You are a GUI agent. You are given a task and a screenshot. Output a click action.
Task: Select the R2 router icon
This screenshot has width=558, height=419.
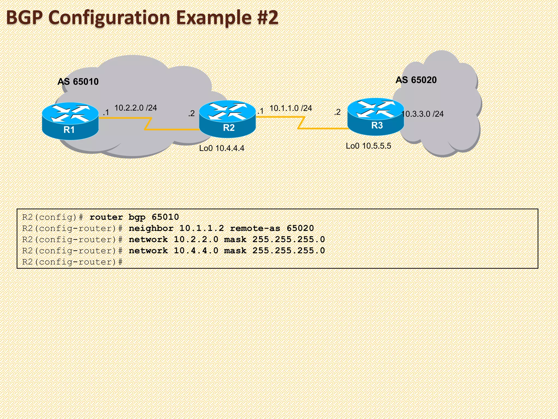click(x=228, y=119)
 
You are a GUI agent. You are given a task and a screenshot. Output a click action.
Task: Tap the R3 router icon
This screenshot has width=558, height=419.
click(x=376, y=117)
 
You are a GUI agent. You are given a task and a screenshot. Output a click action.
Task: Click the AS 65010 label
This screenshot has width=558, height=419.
click(x=78, y=82)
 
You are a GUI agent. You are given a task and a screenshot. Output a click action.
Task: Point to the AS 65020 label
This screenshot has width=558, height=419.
click(x=416, y=80)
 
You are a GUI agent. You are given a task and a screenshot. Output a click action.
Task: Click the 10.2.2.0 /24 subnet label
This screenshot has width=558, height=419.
click(x=135, y=108)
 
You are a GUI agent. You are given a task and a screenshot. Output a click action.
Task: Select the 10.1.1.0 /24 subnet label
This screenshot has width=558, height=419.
click(x=290, y=108)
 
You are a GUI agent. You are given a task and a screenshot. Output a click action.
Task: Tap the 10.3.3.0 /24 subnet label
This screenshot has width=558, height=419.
click(x=423, y=114)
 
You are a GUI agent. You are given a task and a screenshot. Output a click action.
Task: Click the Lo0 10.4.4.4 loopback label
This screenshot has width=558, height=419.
click(x=222, y=148)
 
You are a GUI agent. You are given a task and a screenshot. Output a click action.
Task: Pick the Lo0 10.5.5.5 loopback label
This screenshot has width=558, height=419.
click(x=368, y=146)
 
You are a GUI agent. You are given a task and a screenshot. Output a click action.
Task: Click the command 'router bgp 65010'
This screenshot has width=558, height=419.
click(x=134, y=217)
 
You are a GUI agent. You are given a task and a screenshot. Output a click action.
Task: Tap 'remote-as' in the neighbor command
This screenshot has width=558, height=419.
click(x=255, y=228)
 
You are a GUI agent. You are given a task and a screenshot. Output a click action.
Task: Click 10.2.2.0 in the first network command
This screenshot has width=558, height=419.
click(x=196, y=240)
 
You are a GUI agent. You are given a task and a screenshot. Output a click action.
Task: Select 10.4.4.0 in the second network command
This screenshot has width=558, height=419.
click(x=196, y=251)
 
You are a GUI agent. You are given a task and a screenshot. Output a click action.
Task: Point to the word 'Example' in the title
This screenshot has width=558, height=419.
click(x=214, y=17)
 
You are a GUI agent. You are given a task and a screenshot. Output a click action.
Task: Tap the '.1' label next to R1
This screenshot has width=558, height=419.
click(x=106, y=112)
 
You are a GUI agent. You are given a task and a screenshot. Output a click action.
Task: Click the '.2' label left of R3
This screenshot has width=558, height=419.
click(x=337, y=112)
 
